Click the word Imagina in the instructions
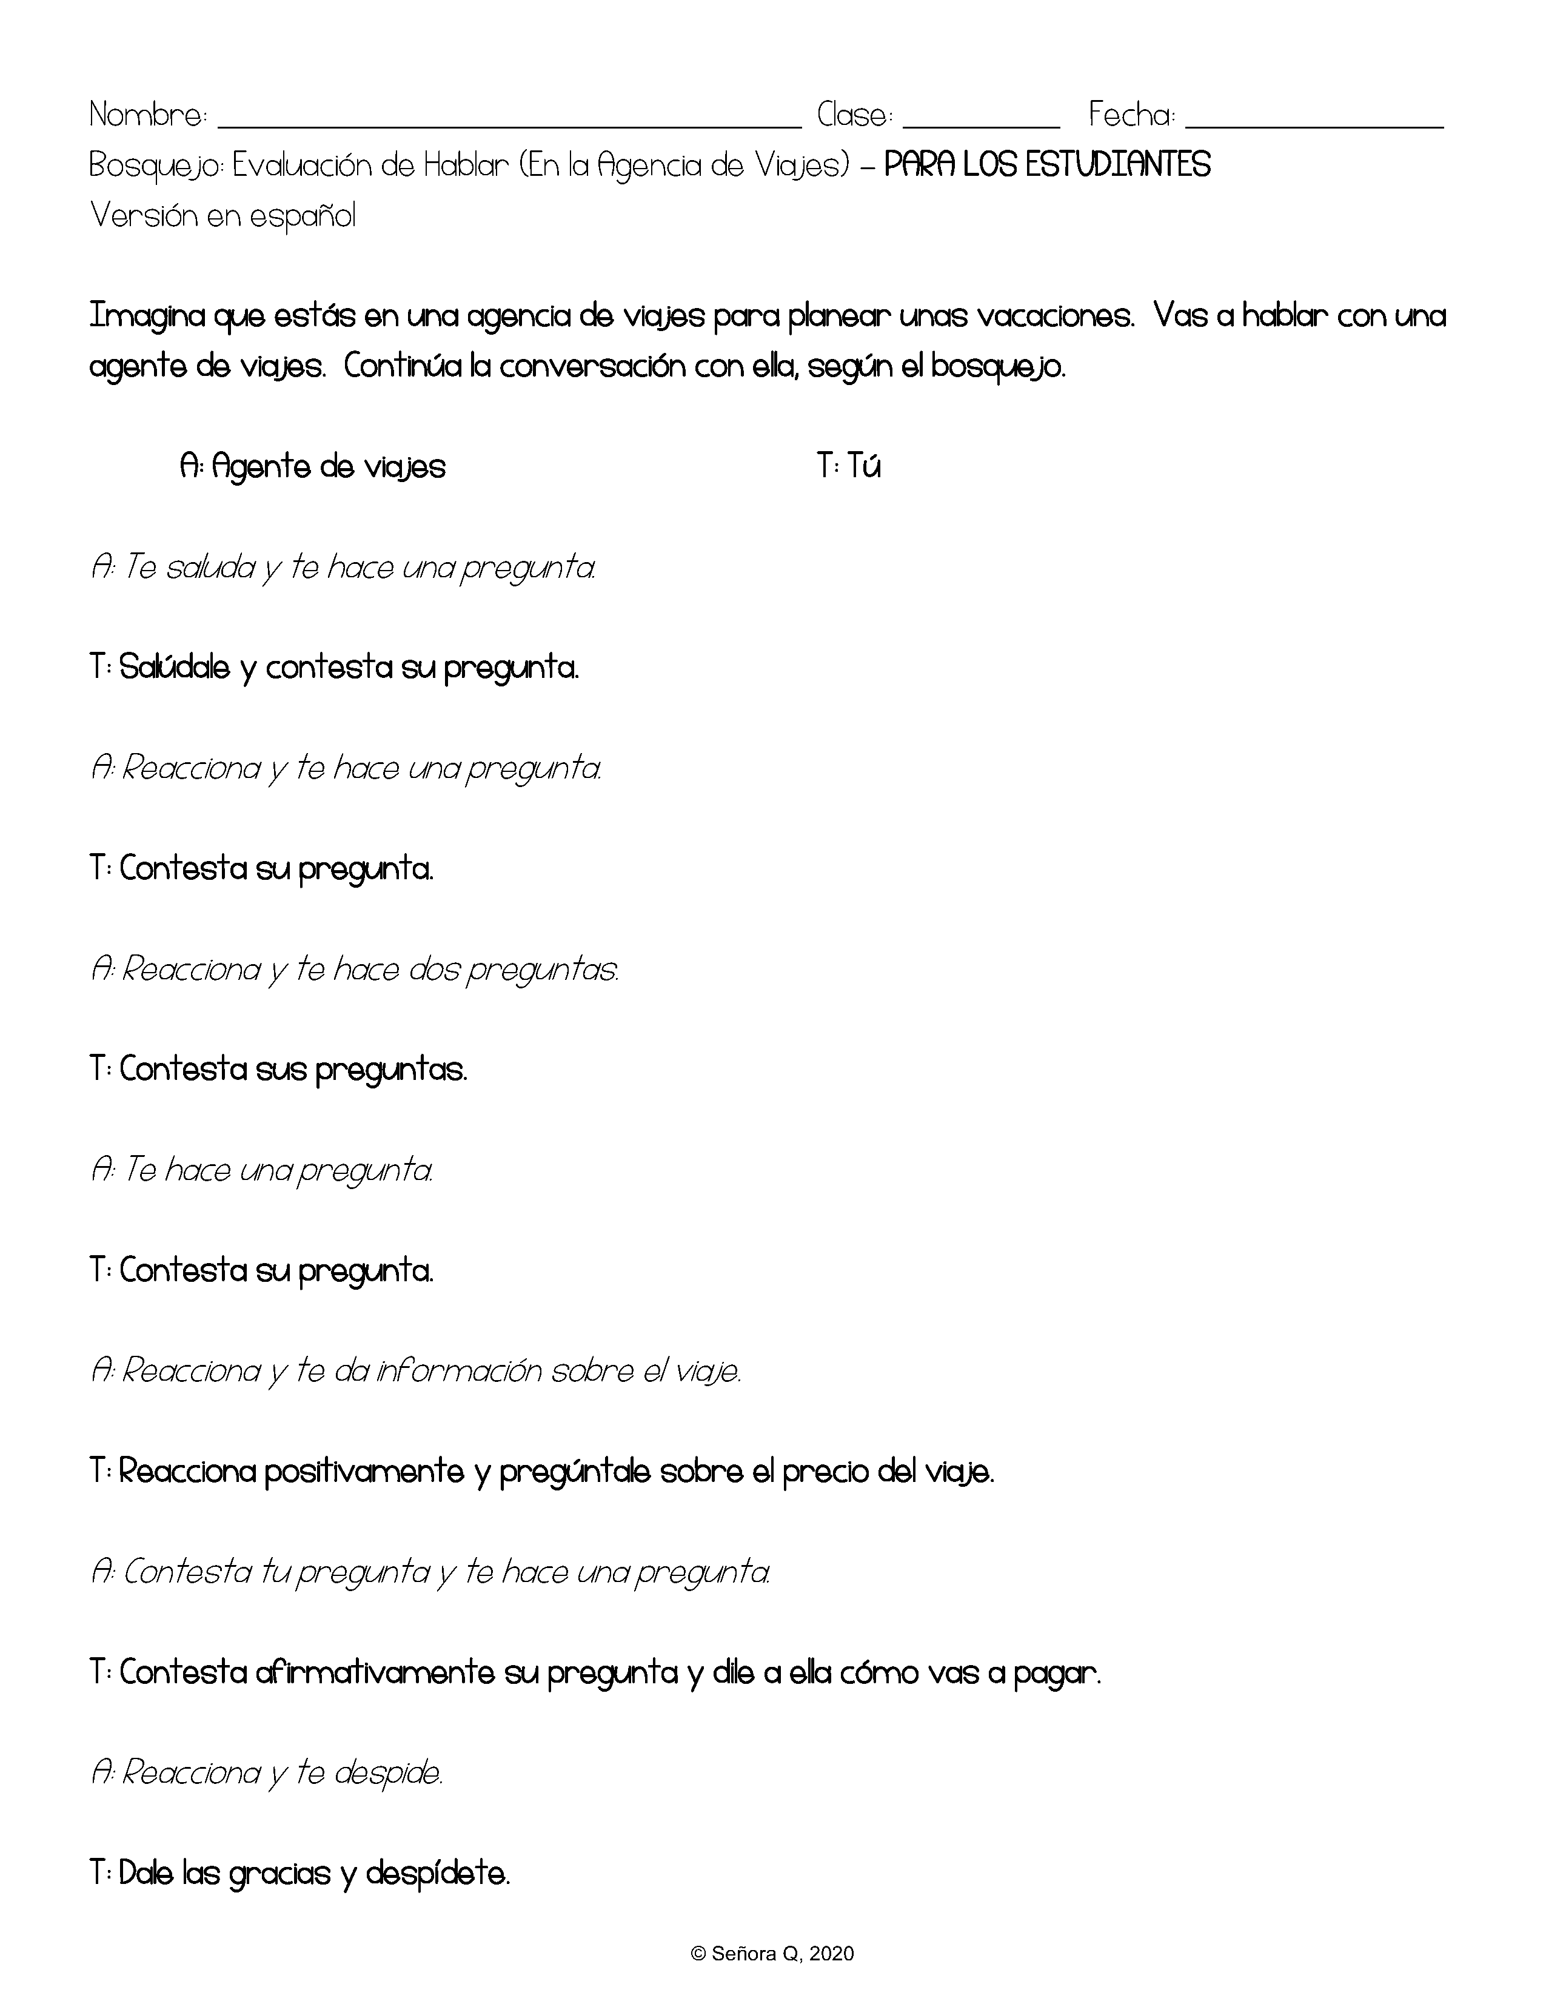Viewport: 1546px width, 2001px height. (x=147, y=316)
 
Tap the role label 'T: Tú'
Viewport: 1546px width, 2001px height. (x=848, y=468)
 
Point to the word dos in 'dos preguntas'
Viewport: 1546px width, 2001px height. (x=434, y=970)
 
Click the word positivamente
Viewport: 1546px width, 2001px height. (x=364, y=1472)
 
